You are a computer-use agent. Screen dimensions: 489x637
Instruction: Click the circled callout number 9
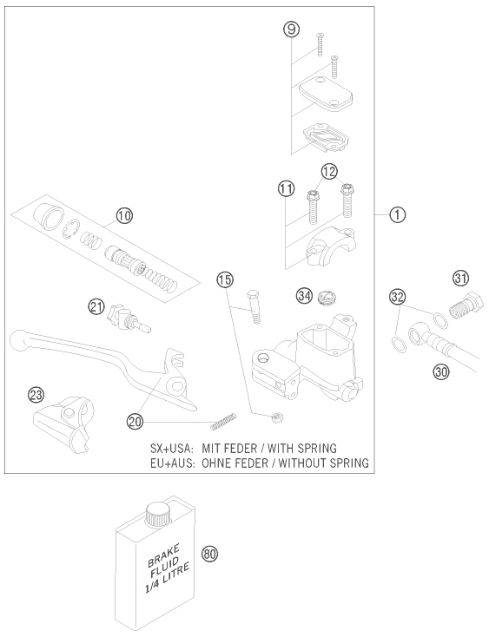tap(292, 30)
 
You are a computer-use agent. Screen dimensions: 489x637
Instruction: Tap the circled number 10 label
tap(124, 216)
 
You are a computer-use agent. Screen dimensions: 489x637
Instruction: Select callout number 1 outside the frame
tap(397, 214)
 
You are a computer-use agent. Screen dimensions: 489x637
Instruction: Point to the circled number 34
tap(305, 295)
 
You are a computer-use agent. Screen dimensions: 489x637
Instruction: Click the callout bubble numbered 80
tap(209, 555)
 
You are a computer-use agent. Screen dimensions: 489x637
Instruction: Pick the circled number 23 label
tap(36, 395)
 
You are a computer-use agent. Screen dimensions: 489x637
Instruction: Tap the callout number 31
tap(461, 279)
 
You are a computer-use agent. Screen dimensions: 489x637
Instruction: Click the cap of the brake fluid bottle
tap(157, 515)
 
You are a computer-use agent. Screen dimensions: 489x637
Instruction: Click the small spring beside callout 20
tap(223, 421)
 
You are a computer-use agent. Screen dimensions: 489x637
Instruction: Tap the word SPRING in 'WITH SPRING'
tap(316, 449)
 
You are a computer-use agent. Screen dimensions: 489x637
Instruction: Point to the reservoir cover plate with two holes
tap(325, 94)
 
